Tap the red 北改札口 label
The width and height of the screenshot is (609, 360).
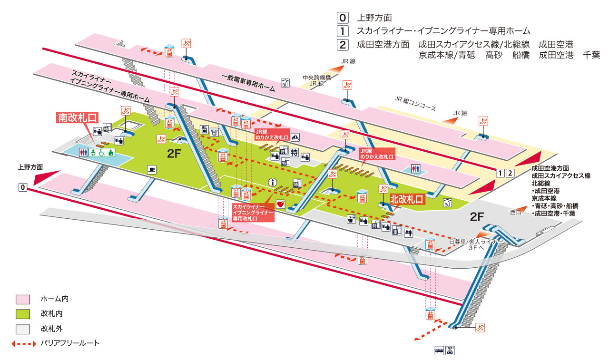[x=407, y=200]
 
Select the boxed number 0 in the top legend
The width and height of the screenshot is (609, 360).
[x=343, y=19]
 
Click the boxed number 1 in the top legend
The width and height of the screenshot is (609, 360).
[x=343, y=32]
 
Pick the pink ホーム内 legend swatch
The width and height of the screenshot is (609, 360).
[x=22, y=299]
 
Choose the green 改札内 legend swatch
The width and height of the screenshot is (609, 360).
[x=22, y=314]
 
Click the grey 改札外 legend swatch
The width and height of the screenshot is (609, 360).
[x=22, y=329]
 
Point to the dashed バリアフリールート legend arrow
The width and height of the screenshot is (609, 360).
[x=24, y=343]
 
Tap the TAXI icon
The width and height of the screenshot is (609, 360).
[x=450, y=350]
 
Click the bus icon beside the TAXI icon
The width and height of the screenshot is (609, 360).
[x=439, y=351]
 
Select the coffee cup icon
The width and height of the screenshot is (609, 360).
[x=152, y=169]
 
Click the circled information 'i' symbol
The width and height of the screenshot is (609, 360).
[x=273, y=182]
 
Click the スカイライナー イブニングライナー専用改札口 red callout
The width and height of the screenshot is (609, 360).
[x=253, y=213]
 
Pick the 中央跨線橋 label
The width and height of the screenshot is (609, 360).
[x=315, y=77]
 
